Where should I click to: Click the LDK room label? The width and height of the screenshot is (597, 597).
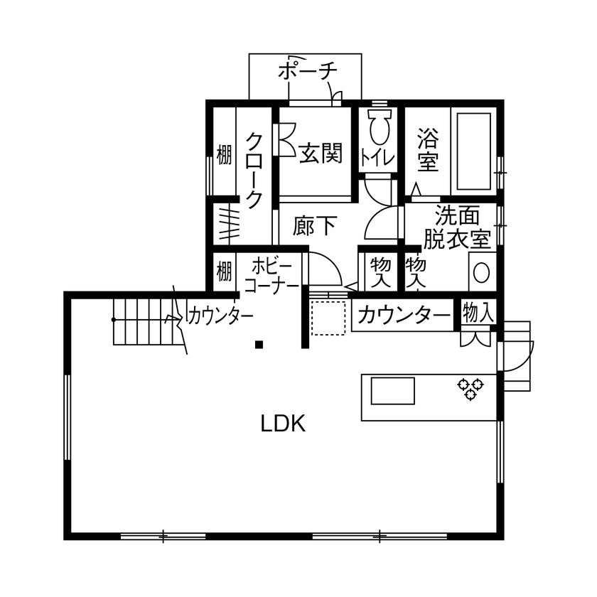[x=282, y=424]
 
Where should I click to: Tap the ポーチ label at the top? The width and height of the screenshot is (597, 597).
[x=306, y=71]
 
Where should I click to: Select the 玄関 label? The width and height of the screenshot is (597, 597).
[x=321, y=153]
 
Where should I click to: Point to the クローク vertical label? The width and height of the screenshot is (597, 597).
[x=254, y=171]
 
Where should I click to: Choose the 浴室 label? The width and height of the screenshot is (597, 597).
[x=427, y=149]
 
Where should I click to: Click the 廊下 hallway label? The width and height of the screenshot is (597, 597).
[x=314, y=226]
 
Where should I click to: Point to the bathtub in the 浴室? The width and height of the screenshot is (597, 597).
[x=473, y=149]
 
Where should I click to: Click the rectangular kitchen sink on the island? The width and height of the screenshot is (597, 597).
[x=392, y=392]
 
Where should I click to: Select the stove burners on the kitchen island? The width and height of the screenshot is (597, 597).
[x=470, y=388]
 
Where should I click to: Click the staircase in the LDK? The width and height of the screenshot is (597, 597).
[x=142, y=321]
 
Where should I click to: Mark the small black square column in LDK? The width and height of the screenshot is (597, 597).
[x=259, y=345]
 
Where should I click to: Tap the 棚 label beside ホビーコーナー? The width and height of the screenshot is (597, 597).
[x=224, y=271]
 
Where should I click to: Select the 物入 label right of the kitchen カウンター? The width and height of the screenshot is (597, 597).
[x=478, y=311]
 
